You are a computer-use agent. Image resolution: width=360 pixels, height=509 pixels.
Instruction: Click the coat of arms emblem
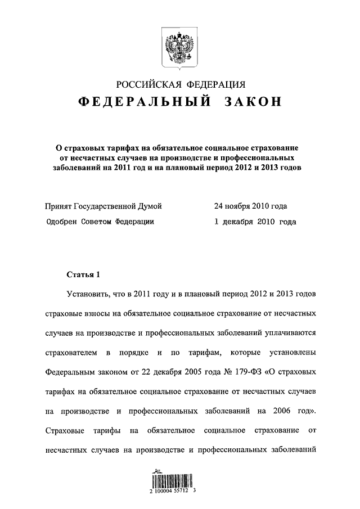point(180,47)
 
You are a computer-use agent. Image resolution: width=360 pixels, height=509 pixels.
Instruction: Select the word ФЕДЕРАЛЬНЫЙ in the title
point(143,103)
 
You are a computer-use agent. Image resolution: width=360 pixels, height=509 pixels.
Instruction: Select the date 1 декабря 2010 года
point(255,222)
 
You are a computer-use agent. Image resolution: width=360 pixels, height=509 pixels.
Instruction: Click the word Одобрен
point(64,222)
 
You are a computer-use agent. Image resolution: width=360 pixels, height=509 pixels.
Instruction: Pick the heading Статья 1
point(83,275)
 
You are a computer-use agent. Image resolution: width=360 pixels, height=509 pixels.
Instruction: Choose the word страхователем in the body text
point(69,353)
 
